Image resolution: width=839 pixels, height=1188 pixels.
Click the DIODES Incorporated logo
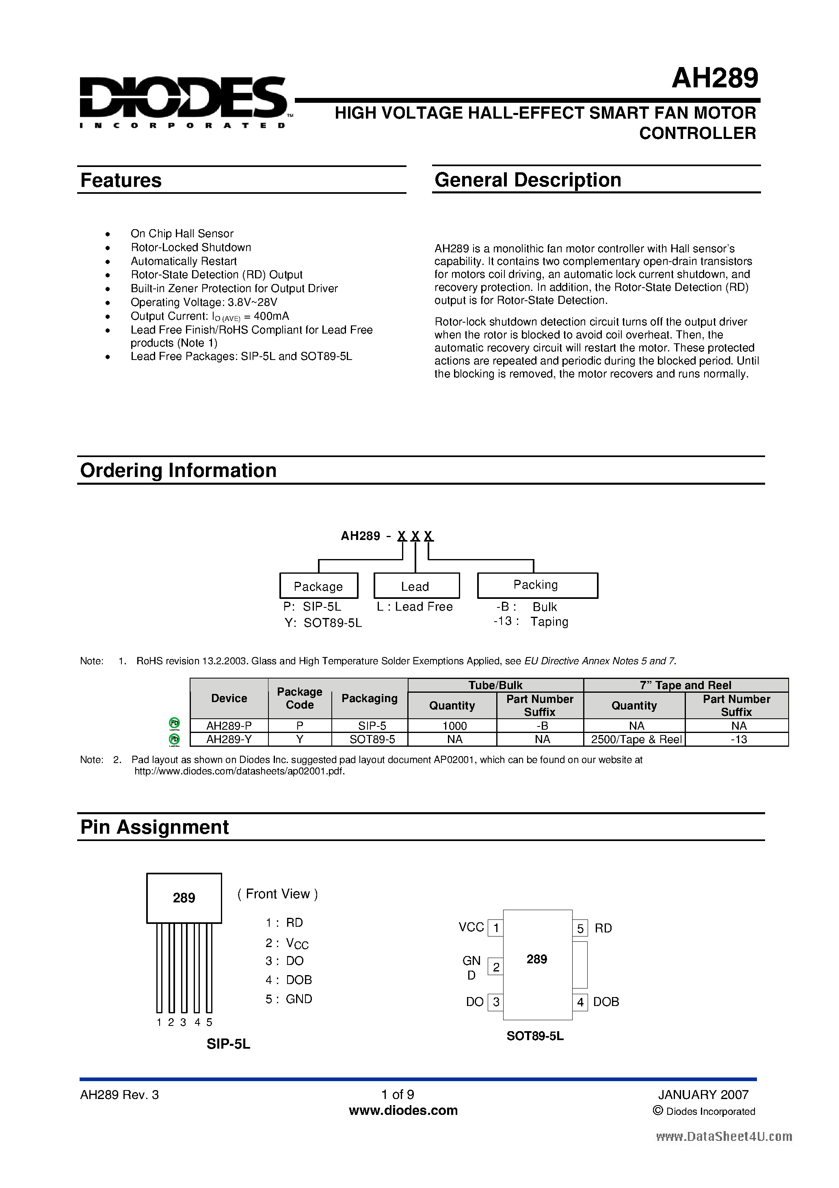[x=184, y=101]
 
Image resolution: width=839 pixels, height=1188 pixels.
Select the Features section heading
[x=121, y=180]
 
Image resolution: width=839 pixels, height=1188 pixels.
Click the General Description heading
[x=528, y=180]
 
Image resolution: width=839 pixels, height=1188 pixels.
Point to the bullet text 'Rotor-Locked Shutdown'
[x=191, y=247]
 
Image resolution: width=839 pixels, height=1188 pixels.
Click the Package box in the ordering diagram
[x=319, y=586]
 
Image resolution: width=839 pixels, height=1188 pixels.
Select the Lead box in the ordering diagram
[x=416, y=586]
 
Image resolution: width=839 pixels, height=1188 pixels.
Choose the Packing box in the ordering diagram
[x=537, y=585]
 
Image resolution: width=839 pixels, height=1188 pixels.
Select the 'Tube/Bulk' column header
[x=495, y=685]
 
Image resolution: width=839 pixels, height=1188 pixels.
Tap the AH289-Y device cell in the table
[x=229, y=739]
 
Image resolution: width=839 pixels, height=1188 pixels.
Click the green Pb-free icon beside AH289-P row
[x=175, y=723]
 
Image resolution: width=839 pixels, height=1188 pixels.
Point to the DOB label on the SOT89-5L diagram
[x=606, y=1002]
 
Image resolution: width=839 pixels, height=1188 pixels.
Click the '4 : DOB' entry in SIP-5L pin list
[x=289, y=980]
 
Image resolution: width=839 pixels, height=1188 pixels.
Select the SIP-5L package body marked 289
[x=184, y=898]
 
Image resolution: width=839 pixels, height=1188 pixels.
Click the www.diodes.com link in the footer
[x=403, y=1110]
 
